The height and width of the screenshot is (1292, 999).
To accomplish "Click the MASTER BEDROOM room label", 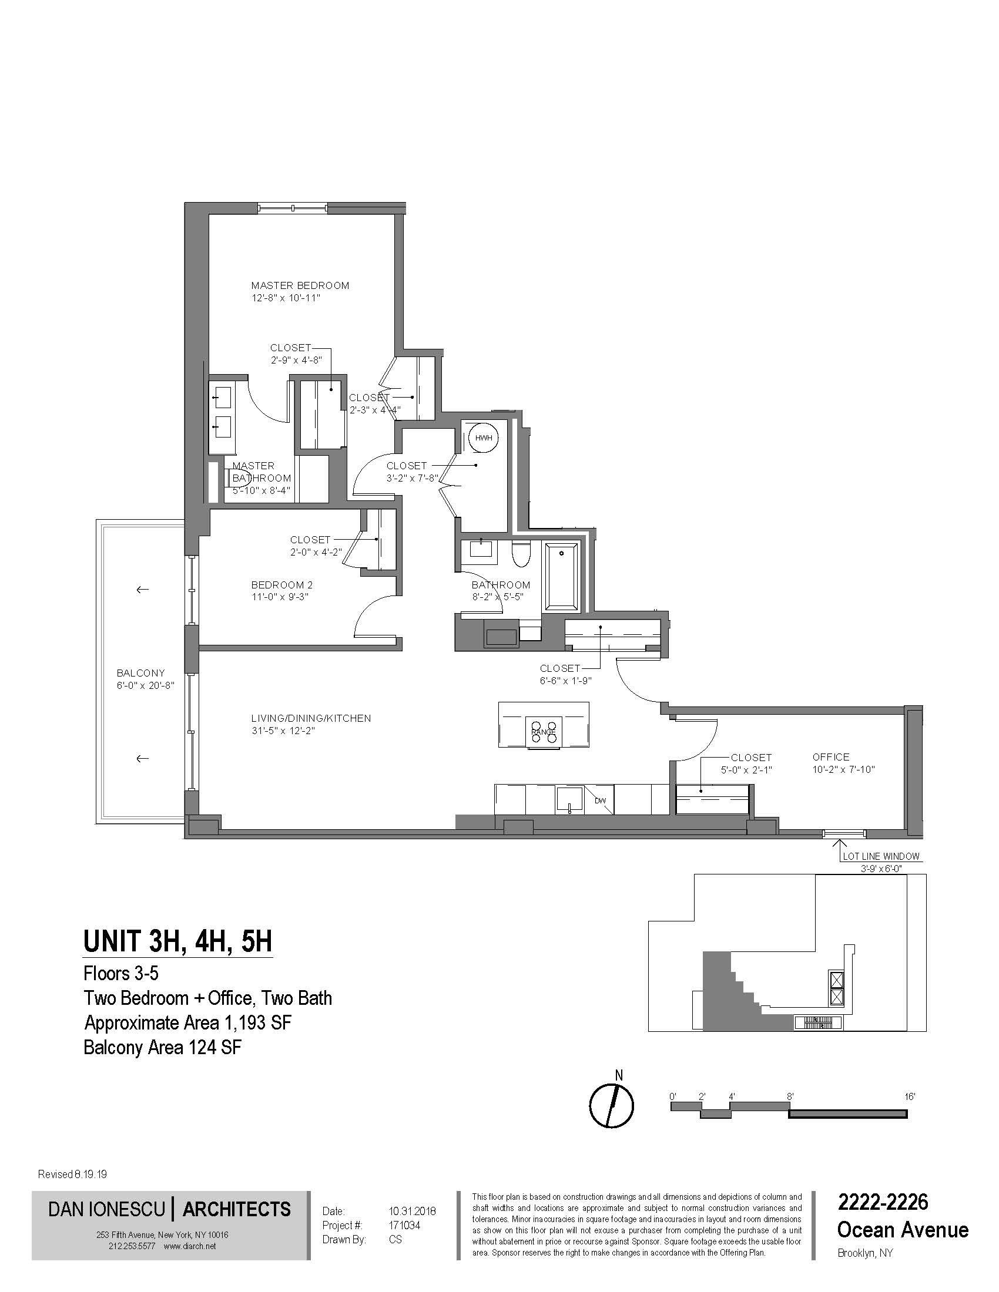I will coord(300,285).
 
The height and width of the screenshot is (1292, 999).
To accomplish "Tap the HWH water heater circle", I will coord(484,438).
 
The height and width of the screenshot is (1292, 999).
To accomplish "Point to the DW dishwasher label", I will coord(600,801).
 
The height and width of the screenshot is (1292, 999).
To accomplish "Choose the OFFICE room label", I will coord(830,756).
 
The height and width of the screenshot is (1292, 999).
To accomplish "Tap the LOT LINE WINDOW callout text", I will coord(881,856).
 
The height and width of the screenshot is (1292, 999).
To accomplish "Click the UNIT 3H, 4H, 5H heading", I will coord(177,941).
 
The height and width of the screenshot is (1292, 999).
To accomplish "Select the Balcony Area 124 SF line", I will coord(163,1047).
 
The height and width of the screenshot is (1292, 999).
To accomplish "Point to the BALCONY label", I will coord(140,672).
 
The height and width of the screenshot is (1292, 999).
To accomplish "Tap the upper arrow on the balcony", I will coord(142,589).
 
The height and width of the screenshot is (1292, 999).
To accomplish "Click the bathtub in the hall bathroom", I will coord(562,576).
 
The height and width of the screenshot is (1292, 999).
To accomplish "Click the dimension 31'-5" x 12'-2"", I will coord(281,731).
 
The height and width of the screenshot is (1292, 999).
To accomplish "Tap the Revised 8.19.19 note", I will coord(72,1175).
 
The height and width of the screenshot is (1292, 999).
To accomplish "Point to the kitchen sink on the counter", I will coord(570,800).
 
